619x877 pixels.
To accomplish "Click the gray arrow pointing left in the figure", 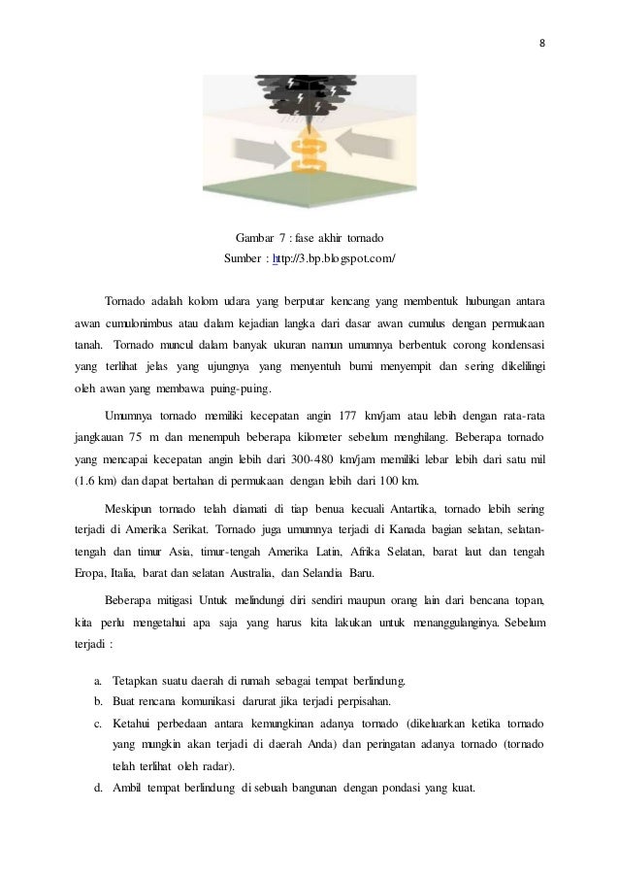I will (x=366, y=150).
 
